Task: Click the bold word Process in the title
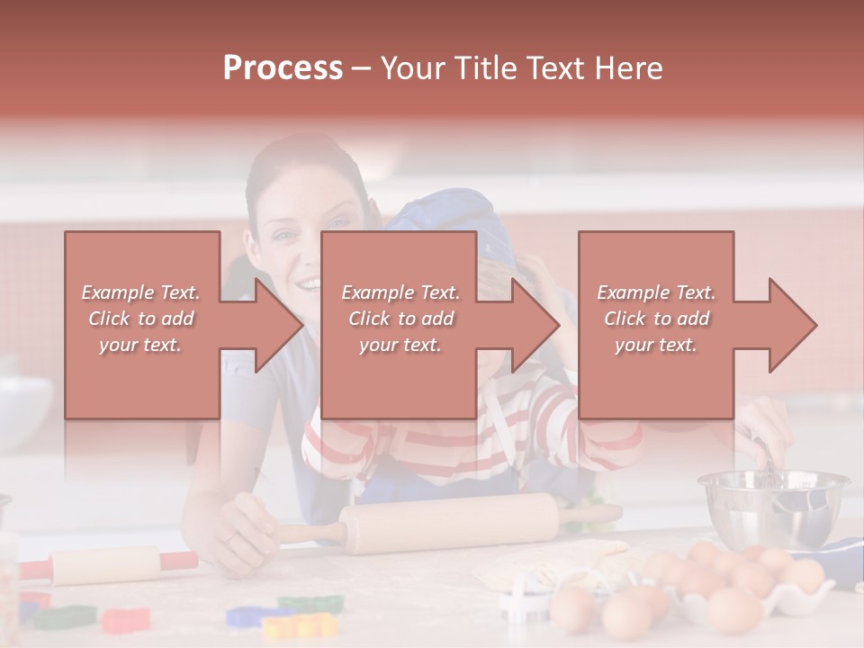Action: [x=283, y=68]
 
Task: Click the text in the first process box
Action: [x=140, y=319]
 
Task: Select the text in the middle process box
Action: [x=400, y=319]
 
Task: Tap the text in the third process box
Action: [x=656, y=319]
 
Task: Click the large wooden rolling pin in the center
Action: [x=450, y=522]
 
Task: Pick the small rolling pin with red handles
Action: [x=108, y=564]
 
